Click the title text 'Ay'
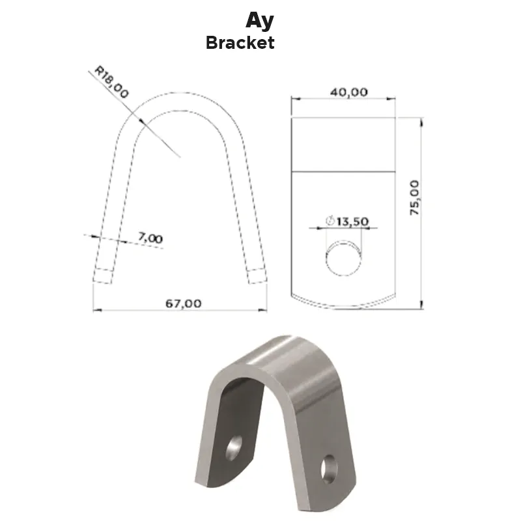(259, 20)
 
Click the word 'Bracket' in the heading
(240, 43)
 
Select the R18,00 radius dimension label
(111, 81)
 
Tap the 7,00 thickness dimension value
(150, 238)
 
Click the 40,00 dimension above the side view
(348, 92)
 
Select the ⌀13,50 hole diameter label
(347, 222)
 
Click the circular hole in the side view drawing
(344, 257)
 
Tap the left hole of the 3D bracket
(234, 448)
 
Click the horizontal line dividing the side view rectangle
(343, 171)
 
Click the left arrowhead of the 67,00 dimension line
(96, 310)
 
